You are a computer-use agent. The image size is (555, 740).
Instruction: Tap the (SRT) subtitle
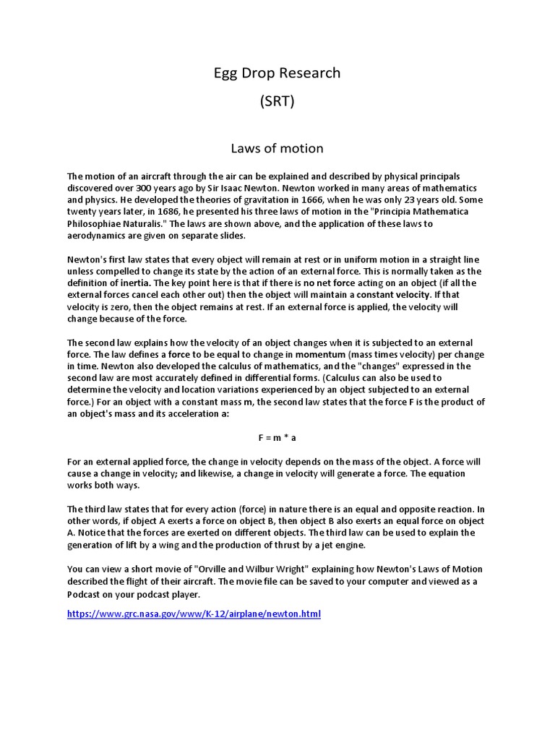(x=277, y=101)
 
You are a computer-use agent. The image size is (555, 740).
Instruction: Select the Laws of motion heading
(x=277, y=148)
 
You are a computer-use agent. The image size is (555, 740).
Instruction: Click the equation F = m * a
(x=277, y=438)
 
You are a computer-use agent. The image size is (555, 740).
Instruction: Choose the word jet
(x=325, y=545)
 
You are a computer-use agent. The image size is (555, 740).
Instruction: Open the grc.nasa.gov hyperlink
(x=194, y=614)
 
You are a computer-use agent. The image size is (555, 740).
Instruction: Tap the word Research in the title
(x=305, y=73)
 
